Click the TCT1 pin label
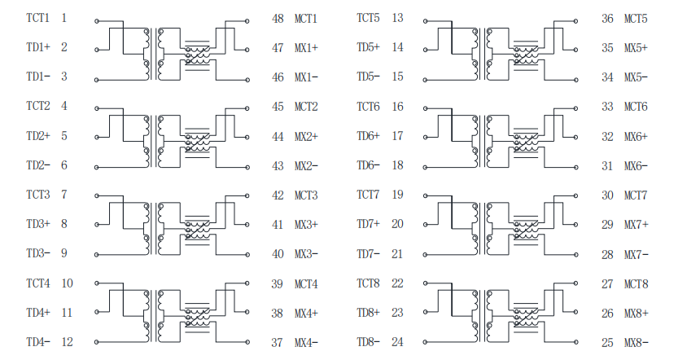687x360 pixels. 38,18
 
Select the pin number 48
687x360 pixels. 278,19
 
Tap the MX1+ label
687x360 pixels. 306,48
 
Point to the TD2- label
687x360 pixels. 38,165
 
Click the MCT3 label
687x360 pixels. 306,195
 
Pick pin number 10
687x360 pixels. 67,283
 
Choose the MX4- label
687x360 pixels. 306,342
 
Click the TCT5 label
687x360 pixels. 368,18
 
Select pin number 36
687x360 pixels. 607,19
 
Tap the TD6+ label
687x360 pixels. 368,136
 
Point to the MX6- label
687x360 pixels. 636,166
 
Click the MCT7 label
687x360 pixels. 636,195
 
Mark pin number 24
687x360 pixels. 397,342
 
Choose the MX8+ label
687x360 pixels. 637,314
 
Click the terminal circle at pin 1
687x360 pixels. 97,21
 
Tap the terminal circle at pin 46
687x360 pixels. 247,81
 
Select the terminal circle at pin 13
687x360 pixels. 425,21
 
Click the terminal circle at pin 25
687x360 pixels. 576,342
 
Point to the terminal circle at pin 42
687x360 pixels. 247,196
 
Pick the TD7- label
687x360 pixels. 368,254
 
